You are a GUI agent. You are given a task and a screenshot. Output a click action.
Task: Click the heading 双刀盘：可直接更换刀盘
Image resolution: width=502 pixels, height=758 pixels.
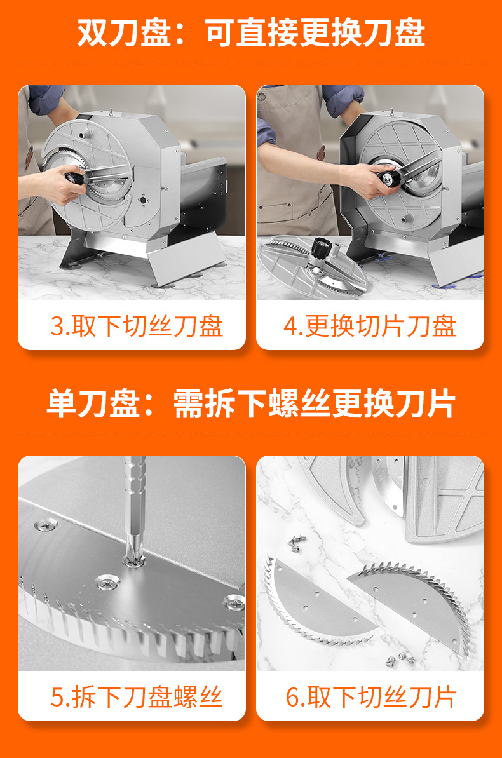(x=251, y=32)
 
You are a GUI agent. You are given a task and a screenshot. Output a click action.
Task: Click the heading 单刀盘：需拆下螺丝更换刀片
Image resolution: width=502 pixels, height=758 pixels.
(x=251, y=403)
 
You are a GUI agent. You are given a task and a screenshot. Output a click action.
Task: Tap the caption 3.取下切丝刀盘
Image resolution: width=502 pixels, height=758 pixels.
(x=137, y=326)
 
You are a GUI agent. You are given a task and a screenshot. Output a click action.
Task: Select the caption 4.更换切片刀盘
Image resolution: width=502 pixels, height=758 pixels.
(x=370, y=326)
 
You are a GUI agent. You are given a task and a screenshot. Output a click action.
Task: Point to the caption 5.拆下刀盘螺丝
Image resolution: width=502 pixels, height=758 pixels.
(x=137, y=696)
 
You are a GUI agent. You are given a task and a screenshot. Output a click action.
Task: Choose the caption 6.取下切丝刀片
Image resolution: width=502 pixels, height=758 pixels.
(x=372, y=696)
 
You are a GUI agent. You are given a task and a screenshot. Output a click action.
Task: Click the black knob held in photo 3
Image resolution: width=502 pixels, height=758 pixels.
(x=76, y=177)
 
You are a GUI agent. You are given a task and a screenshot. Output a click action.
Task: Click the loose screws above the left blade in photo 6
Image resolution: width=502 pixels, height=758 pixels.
(x=297, y=542)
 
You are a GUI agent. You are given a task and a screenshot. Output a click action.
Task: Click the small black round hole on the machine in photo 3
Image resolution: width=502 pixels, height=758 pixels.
(x=143, y=199)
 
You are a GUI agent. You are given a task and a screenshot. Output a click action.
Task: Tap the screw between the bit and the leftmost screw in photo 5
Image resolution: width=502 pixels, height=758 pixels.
(x=108, y=583)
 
